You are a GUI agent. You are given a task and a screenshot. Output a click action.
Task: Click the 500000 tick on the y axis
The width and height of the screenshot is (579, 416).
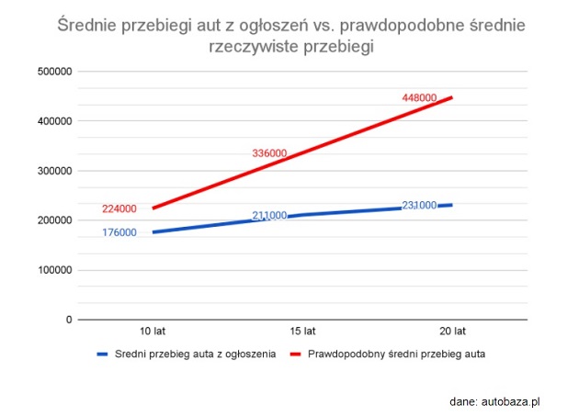(x=54, y=72)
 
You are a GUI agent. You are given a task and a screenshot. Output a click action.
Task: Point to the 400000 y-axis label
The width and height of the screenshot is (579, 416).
(x=54, y=121)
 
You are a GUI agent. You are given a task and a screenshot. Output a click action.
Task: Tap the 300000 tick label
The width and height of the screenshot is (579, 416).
(x=54, y=171)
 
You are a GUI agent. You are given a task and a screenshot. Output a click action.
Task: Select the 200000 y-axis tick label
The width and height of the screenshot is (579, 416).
(x=54, y=220)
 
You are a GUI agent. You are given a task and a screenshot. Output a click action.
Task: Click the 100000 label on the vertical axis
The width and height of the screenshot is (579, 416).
(x=54, y=270)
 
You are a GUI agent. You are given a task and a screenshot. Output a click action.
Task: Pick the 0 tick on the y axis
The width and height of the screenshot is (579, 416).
(x=69, y=320)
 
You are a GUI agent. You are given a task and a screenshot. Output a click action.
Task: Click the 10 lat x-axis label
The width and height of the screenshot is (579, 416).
(x=153, y=332)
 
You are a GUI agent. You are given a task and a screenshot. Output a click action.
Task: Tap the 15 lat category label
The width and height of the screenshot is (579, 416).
(x=302, y=332)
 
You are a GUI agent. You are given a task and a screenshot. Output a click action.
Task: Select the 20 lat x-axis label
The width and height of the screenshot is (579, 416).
(x=453, y=332)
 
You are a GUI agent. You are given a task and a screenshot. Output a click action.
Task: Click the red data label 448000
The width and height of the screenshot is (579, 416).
(x=419, y=98)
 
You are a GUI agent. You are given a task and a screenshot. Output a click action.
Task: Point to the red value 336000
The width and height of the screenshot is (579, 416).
(x=269, y=153)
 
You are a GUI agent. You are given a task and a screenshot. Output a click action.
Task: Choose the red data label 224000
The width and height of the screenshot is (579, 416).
(x=119, y=209)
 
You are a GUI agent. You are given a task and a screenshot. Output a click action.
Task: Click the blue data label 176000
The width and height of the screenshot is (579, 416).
(x=119, y=232)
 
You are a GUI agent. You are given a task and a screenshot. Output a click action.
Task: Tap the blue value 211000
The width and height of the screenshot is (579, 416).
(x=269, y=215)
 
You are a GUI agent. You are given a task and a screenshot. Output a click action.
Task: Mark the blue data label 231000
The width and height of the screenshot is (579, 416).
(x=419, y=205)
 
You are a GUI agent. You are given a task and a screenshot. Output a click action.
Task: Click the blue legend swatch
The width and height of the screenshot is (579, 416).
(x=102, y=354)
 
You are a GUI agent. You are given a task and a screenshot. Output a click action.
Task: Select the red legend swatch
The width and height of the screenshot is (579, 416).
(x=295, y=354)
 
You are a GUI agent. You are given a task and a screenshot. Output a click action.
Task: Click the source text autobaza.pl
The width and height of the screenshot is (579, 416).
(x=511, y=402)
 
